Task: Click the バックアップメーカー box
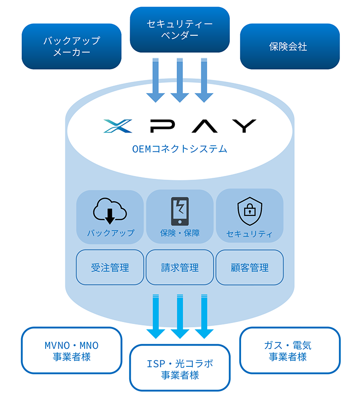[x=71, y=47]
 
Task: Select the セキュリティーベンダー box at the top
[x=180, y=29]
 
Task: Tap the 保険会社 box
[x=290, y=47]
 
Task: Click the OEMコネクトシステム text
[x=180, y=150]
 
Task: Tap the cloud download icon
[x=110, y=211]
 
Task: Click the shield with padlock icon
[x=249, y=211]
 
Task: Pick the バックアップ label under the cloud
[x=110, y=233]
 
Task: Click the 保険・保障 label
[x=180, y=233]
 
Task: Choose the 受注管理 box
[x=110, y=268]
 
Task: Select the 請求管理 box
[x=180, y=268]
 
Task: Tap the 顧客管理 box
[x=250, y=268]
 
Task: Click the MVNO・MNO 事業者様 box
[x=71, y=351]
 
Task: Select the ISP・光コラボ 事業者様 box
[x=180, y=368]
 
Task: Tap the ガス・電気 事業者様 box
[x=290, y=351]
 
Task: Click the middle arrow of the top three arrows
[x=180, y=80]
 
